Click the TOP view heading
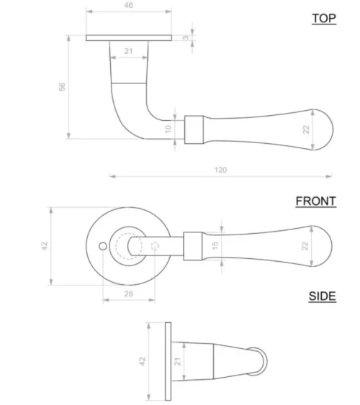click(324, 19)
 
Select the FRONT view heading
click(316, 201)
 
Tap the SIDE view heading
click(323, 296)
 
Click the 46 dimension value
click(128, 5)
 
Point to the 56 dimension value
click(62, 86)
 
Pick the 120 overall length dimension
click(221, 170)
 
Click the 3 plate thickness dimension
click(186, 37)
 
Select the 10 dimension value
click(168, 129)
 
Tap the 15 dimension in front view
click(215, 245)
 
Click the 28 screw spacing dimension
click(129, 293)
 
